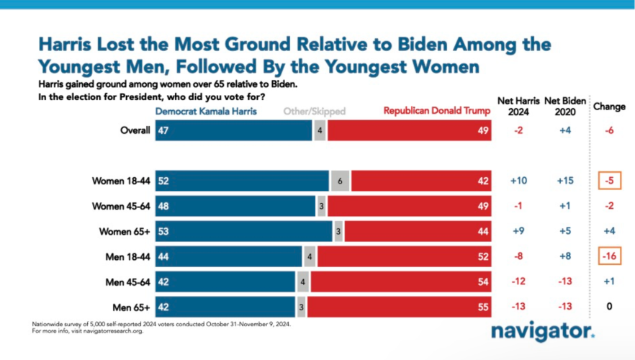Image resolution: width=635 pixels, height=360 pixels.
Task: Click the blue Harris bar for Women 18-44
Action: (x=243, y=181)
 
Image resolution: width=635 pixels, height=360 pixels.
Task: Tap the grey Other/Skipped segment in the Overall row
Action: (x=319, y=131)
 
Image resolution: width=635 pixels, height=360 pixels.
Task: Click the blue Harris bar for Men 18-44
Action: (x=229, y=256)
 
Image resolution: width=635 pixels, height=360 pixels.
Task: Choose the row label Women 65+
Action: (x=124, y=232)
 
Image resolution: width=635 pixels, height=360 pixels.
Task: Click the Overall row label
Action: (x=135, y=131)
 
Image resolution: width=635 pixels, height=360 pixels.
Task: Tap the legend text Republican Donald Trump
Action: (x=437, y=112)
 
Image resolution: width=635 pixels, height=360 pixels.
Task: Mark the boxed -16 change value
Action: (x=609, y=256)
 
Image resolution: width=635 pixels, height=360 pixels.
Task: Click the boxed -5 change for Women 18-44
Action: (x=609, y=181)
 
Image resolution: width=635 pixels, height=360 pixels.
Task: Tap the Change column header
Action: (x=609, y=107)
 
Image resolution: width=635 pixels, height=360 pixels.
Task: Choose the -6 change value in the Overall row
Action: (x=609, y=131)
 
